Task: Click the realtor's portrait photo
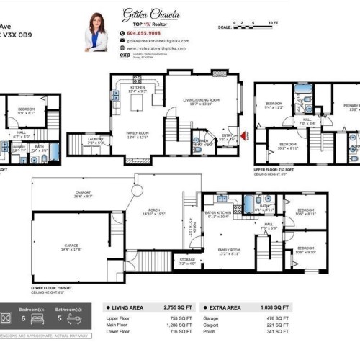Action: coord(96,32)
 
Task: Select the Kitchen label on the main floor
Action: coord(137,89)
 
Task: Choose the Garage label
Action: coord(71,247)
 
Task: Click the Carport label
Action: coord(83,193)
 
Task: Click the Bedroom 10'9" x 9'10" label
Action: coord(306,251)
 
